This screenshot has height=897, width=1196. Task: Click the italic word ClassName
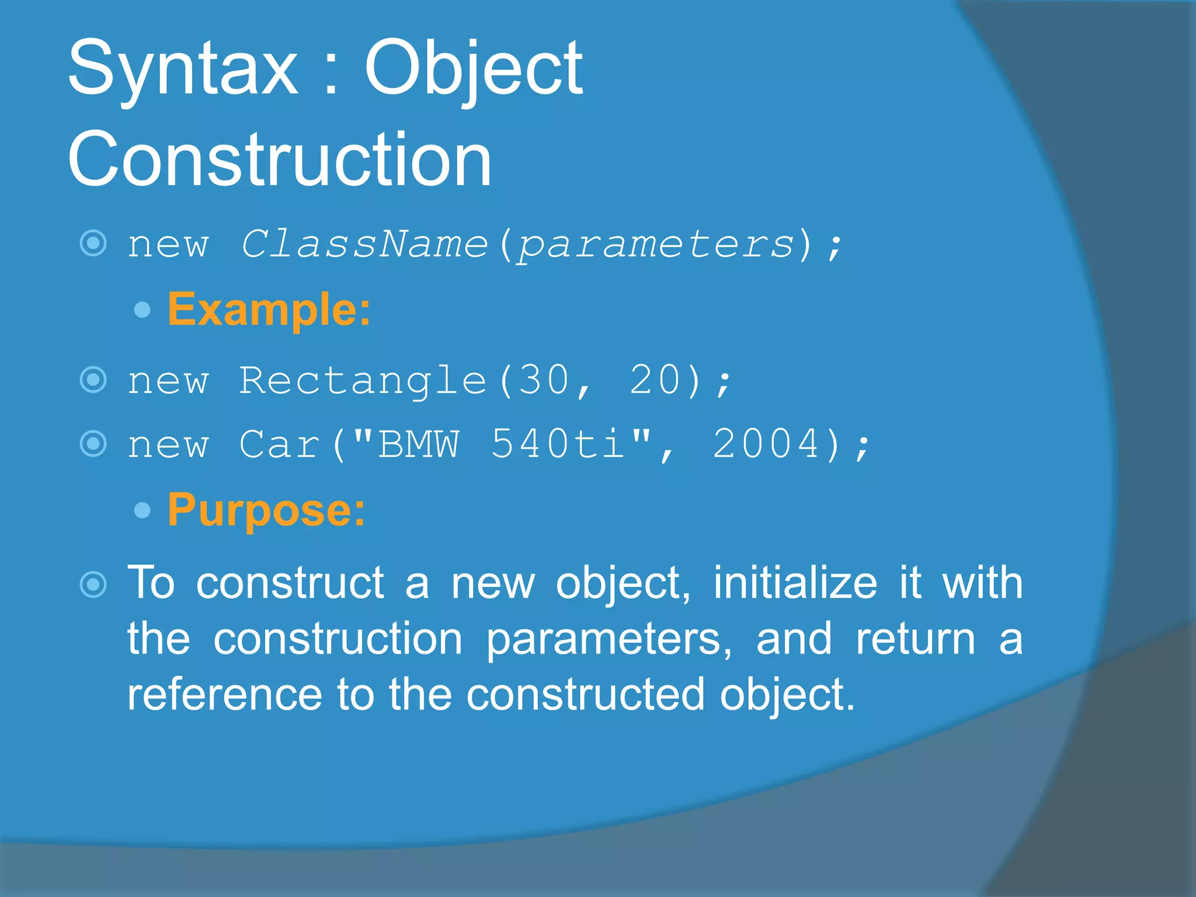tap(364, 244)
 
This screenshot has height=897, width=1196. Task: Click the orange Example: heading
tap(269, 309)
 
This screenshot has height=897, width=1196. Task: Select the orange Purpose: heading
tap(266, 510)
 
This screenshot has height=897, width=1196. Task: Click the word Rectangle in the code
tap(363, 381)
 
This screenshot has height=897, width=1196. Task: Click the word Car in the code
tap(280, 444)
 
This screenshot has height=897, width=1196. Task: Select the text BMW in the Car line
tap(418, 444)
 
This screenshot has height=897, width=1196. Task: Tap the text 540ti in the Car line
tap(558, 444)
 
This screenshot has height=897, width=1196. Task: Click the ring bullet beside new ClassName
tap(93, 244)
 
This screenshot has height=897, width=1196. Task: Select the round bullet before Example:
tap(142, 310)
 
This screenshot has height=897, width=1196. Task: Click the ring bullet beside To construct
tap(93, 584)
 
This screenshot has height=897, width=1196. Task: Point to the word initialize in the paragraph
tap(795, 583)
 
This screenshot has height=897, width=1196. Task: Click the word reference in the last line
tap(225, 695)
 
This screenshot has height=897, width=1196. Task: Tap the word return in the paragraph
tap(916, 639)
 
